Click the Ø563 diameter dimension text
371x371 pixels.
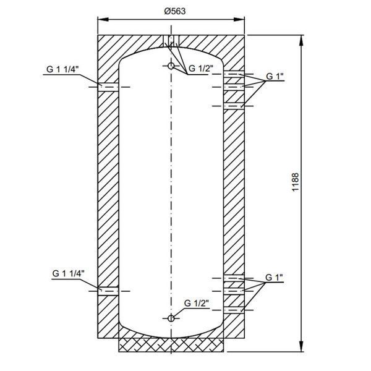(x=175, y=11)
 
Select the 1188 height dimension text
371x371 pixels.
(x=296, y=182)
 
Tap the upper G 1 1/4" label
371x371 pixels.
(x=62, y=69)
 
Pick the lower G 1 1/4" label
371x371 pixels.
(x=69, y=273)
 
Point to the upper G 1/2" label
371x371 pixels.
(x=201, y=69)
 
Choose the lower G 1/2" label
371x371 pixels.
(x=197, y=303)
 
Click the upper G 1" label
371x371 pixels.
(x=275, y=77)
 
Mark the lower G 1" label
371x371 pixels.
(x=274, y=278)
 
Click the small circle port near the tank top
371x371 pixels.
(x=171, y=66)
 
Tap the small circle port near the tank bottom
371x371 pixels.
(x=171, y=318)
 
